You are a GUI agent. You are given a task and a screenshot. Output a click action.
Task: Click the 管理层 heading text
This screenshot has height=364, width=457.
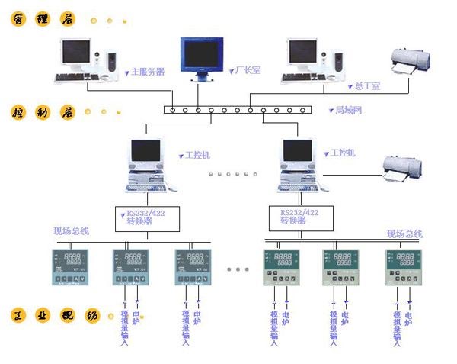tap(44, 21)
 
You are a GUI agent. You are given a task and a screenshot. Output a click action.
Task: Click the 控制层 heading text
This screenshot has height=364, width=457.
tap(44, 113)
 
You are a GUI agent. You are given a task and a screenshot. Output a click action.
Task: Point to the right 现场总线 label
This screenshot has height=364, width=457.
tap(404, 234)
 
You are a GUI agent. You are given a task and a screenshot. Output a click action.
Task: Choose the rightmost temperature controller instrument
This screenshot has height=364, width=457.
tap(404, 268)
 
